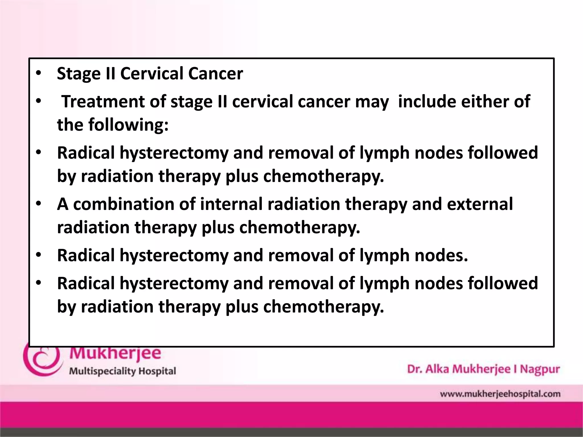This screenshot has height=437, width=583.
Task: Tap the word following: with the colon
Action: [128, 125]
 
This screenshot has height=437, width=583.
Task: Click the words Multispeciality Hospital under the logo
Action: [123, 371]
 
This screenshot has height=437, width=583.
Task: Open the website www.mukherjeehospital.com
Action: [500, 394]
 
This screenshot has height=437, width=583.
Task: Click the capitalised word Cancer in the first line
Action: [215, 73]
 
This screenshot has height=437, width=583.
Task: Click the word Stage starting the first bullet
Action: [79, 74]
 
